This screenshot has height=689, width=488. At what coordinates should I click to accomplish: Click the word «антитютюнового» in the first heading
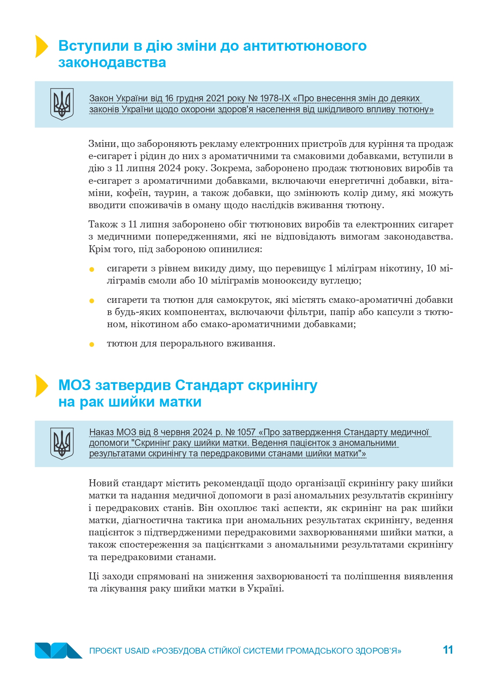click(305, 46)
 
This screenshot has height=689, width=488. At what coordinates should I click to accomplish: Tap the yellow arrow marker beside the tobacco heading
click(41, 46)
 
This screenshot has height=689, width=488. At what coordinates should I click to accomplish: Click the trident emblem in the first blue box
click(62, 104)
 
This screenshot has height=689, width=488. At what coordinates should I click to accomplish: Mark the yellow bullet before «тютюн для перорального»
click(92, 344)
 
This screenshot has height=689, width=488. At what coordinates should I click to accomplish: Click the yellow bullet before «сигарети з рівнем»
click(92, 269)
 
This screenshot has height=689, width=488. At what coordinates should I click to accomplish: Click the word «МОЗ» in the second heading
click(75, 385)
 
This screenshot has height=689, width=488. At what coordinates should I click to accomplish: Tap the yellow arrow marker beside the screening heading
click(41, 386)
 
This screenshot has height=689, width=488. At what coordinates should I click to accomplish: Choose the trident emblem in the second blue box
click(62, 443)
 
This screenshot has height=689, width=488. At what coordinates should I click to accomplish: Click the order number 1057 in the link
click(246, 432)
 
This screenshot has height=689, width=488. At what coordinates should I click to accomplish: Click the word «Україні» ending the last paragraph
click(265, 588)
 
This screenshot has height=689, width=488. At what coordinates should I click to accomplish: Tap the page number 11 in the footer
click(448, 650)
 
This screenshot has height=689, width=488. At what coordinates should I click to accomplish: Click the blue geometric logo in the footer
click(58, 650)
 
